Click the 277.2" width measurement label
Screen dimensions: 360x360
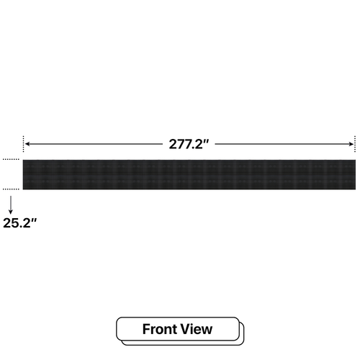point(189,144)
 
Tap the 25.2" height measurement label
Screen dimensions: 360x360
point(20,223)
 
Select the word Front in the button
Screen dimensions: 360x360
point(159,329)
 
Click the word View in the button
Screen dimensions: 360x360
point(197,329)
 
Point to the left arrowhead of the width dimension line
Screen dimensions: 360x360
point(27,144)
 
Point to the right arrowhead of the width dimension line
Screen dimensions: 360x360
point(351,144)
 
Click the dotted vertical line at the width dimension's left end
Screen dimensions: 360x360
point(23,144)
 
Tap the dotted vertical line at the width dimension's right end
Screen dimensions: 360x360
point(355,144)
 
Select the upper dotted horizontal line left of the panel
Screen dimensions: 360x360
point(11,159)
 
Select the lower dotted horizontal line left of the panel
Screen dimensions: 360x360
point(11,189)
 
